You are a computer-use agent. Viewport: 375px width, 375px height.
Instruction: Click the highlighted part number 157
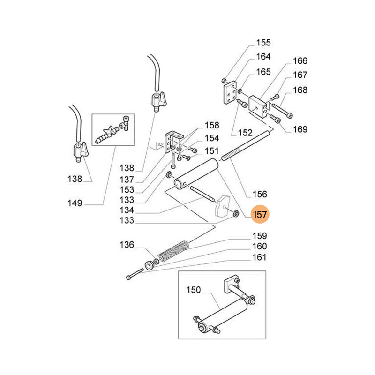(260, 215)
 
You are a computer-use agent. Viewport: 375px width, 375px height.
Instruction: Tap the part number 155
(263, 43)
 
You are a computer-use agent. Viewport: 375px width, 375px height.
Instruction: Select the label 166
(300, 61)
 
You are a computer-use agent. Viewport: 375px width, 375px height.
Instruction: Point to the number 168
(300, 90)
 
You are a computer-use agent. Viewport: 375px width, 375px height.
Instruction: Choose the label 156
(259, 194)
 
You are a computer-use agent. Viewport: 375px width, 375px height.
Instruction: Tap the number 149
(75, 203)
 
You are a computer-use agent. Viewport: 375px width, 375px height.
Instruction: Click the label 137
(126, 179)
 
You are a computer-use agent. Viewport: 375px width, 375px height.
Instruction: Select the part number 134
(126, 210)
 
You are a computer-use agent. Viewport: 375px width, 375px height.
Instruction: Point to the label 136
(126, 245)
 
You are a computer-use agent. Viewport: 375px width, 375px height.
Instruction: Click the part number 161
(259, 257)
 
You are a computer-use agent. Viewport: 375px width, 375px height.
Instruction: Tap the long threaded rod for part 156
(246, 147)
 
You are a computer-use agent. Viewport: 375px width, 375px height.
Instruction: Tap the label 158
(212, 126)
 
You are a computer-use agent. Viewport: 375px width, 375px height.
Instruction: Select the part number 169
(300, 129)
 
